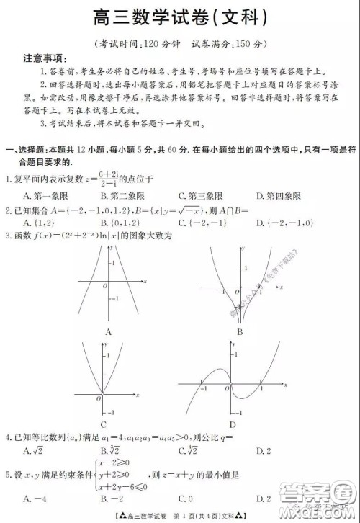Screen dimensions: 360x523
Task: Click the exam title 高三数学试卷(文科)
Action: [180, 16]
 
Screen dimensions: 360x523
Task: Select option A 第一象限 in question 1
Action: [45, 195]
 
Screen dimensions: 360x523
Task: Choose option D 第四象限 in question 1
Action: [278, 195]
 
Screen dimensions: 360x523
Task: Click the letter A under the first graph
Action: [108, 331]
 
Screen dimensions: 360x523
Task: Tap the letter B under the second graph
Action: [239, 331]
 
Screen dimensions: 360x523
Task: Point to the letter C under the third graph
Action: [104, 424]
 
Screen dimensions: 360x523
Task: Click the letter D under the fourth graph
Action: [232, 424]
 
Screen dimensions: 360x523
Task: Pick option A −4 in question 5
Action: [34, 499]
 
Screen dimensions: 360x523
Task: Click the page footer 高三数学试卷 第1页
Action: [180, 516]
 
